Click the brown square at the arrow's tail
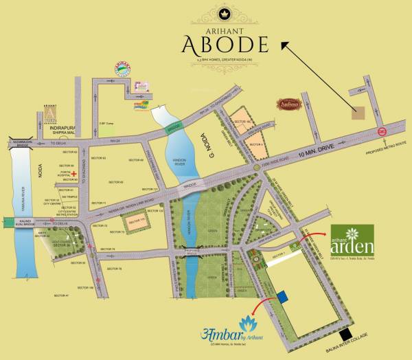click(359, 113)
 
